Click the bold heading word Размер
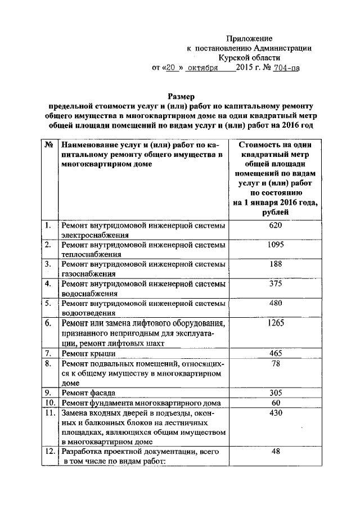point(181,96)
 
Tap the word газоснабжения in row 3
point(89,274)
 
